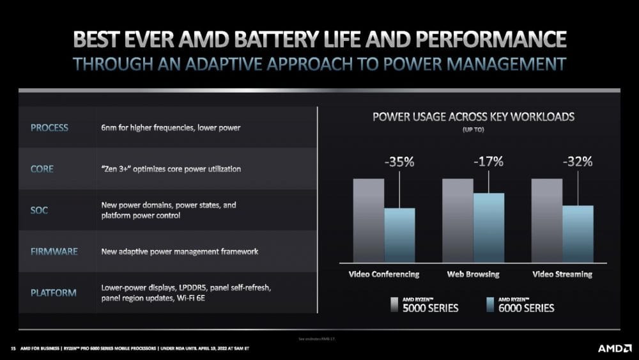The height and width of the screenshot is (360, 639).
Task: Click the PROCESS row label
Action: point(49,128)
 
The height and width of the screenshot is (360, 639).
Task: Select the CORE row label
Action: point(42,169)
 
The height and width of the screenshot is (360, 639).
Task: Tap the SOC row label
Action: point(40,210)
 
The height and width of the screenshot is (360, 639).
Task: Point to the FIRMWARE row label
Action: point(54,251)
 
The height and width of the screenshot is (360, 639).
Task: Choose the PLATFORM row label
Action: point(54,293)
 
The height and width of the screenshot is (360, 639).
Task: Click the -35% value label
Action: point(399,162)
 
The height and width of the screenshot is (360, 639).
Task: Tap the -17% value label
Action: point(489,162)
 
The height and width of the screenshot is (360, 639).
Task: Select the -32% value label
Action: point(578,162)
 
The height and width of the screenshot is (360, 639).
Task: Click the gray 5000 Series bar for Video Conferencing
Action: point(369,221)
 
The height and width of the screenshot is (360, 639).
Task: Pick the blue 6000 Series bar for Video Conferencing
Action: point(399,235)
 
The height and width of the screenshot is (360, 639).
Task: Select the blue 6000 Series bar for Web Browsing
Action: point(489,228)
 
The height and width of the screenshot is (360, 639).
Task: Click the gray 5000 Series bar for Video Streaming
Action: point(547,221)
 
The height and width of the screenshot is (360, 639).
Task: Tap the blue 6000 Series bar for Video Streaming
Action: point(578,233)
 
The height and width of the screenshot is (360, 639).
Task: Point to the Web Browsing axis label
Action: point(473,274)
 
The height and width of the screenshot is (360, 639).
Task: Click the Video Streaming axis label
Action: point(562,274)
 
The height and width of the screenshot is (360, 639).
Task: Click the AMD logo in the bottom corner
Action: point(613,348)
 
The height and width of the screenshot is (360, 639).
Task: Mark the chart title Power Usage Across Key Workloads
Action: point(473,117)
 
